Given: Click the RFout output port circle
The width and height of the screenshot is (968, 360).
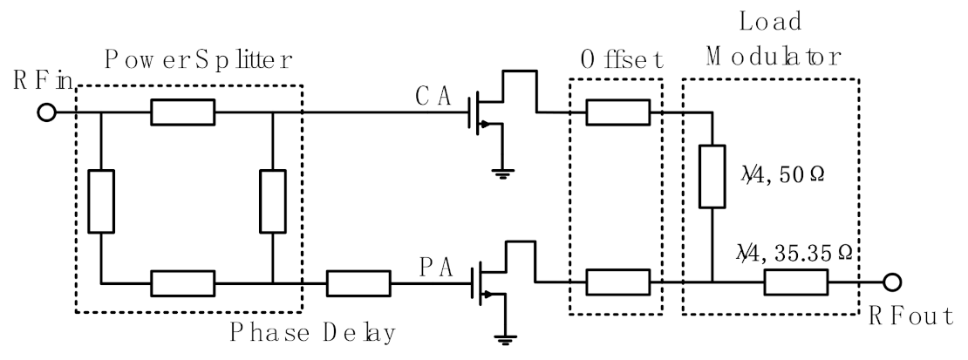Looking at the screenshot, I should pos(893,282).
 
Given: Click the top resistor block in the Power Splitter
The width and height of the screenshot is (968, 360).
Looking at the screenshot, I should pos(182,112).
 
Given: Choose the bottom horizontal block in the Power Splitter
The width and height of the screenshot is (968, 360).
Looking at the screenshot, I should pos(182,282).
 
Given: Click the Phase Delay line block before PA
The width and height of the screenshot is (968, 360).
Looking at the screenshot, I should pos(358,282).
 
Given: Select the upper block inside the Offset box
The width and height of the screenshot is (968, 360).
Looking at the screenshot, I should pos(617,112).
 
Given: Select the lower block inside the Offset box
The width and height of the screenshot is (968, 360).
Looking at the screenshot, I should pos(617,282).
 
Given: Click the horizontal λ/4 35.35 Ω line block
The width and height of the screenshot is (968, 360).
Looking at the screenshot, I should pos(796,282).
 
